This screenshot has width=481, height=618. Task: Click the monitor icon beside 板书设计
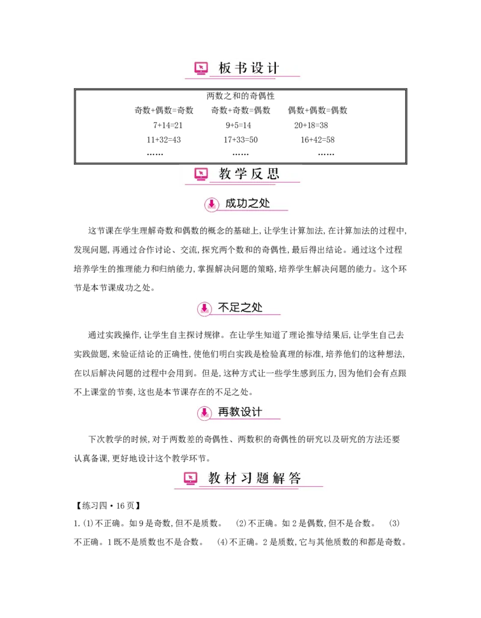[201, 68]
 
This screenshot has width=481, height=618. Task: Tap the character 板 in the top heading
[225, 69]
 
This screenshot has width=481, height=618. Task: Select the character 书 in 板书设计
[241, 69]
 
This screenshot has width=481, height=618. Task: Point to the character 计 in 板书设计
[274, 69]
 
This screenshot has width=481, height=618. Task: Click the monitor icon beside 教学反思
[201, 174]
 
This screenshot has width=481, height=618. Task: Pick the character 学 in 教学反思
[241, 174]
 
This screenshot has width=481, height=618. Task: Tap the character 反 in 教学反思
[257, 174]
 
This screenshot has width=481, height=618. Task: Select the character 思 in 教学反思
[274, 174]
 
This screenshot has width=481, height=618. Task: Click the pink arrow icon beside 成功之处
[212, 204]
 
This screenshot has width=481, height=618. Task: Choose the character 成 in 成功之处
[231, 203]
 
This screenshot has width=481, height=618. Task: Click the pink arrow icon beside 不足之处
[204, 309]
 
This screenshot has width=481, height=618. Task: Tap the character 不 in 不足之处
[223, 308]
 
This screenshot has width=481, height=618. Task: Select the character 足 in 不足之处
[234, 308]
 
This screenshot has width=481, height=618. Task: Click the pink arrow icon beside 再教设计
[204, 413]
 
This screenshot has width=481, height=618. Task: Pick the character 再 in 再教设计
[223, 412]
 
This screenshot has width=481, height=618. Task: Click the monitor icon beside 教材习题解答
[191, 479]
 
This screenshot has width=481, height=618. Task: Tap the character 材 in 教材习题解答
[230, 479]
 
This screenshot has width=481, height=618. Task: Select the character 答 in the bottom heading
[295, 479]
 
